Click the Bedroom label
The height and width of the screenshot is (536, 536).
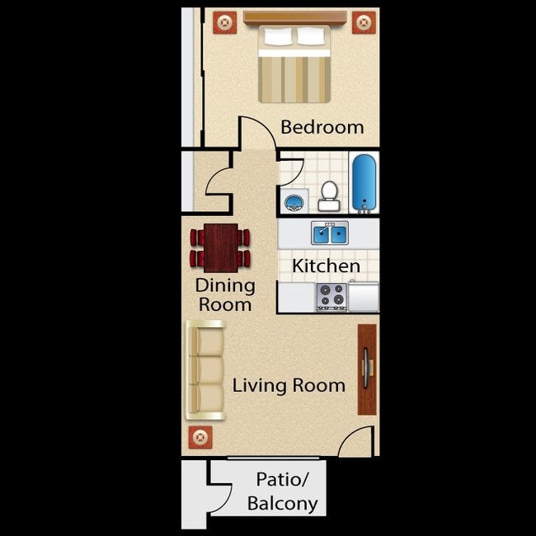pos(322,127)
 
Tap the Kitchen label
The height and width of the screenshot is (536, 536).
pos(326,266)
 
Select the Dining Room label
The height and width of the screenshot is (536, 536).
pos(223,295)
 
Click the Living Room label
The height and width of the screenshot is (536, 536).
pos(288,385)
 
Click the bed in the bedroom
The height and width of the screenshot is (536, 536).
pos(294,64)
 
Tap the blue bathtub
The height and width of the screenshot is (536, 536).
pos(364,181)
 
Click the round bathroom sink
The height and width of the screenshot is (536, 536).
pos(294,201)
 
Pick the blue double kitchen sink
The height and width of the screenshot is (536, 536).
pos(330,233)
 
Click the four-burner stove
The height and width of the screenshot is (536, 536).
pos(331,296)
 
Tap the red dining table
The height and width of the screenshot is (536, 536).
pos(220,247)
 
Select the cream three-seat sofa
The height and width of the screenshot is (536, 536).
pos(205,369)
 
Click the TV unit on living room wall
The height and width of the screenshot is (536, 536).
pos(367,369)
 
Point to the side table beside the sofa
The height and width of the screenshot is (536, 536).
pos(199,437)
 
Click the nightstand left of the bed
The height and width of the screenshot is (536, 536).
pos(224,22)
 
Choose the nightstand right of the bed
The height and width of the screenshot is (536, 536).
pos(363,22)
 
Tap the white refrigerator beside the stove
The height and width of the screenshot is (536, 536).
pos(364,296)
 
